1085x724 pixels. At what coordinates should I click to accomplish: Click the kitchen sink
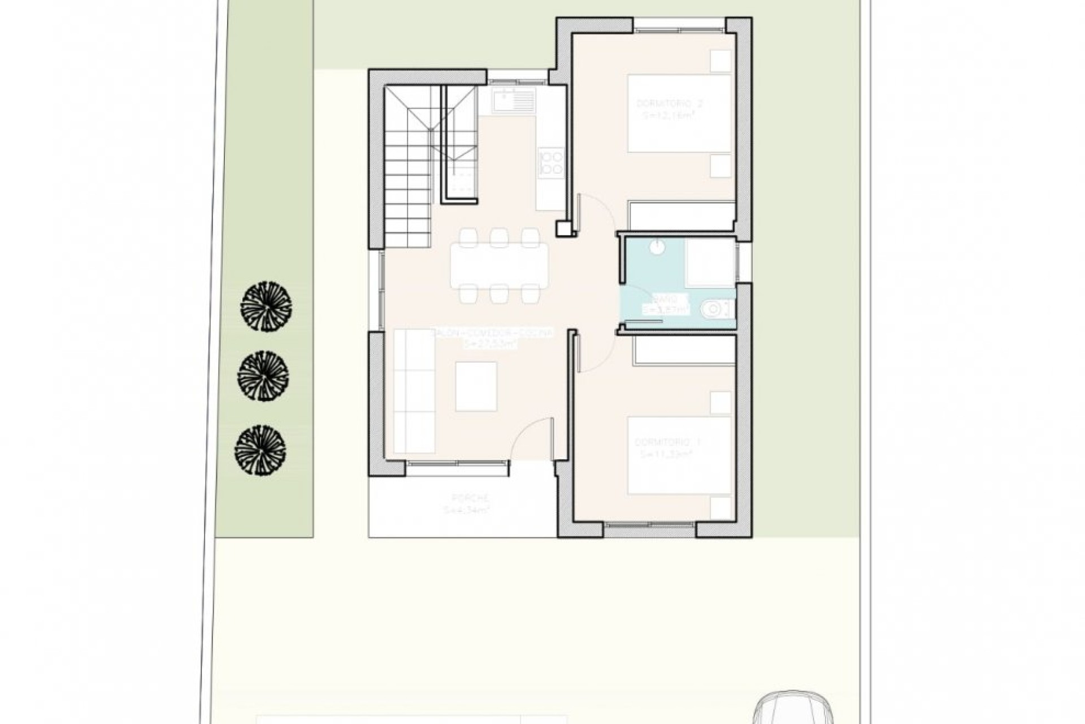click(513, 102)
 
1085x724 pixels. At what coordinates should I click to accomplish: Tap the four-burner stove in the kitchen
click(551, 161)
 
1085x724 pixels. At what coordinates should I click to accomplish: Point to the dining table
click(499, 265)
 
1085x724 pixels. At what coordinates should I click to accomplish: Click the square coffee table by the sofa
click(476, 387)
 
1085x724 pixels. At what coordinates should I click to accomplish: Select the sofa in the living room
click(414, 390)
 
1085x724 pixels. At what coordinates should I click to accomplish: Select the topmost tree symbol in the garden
click(266, 306)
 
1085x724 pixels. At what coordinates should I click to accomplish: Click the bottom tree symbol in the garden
click(260, 450)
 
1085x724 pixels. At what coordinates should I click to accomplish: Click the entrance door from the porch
click(531, 439)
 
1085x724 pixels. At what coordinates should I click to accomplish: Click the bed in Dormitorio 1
click(679, 455)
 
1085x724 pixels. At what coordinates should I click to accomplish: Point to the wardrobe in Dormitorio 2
click(682, 216)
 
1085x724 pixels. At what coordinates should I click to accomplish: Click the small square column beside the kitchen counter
click(563, 228)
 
